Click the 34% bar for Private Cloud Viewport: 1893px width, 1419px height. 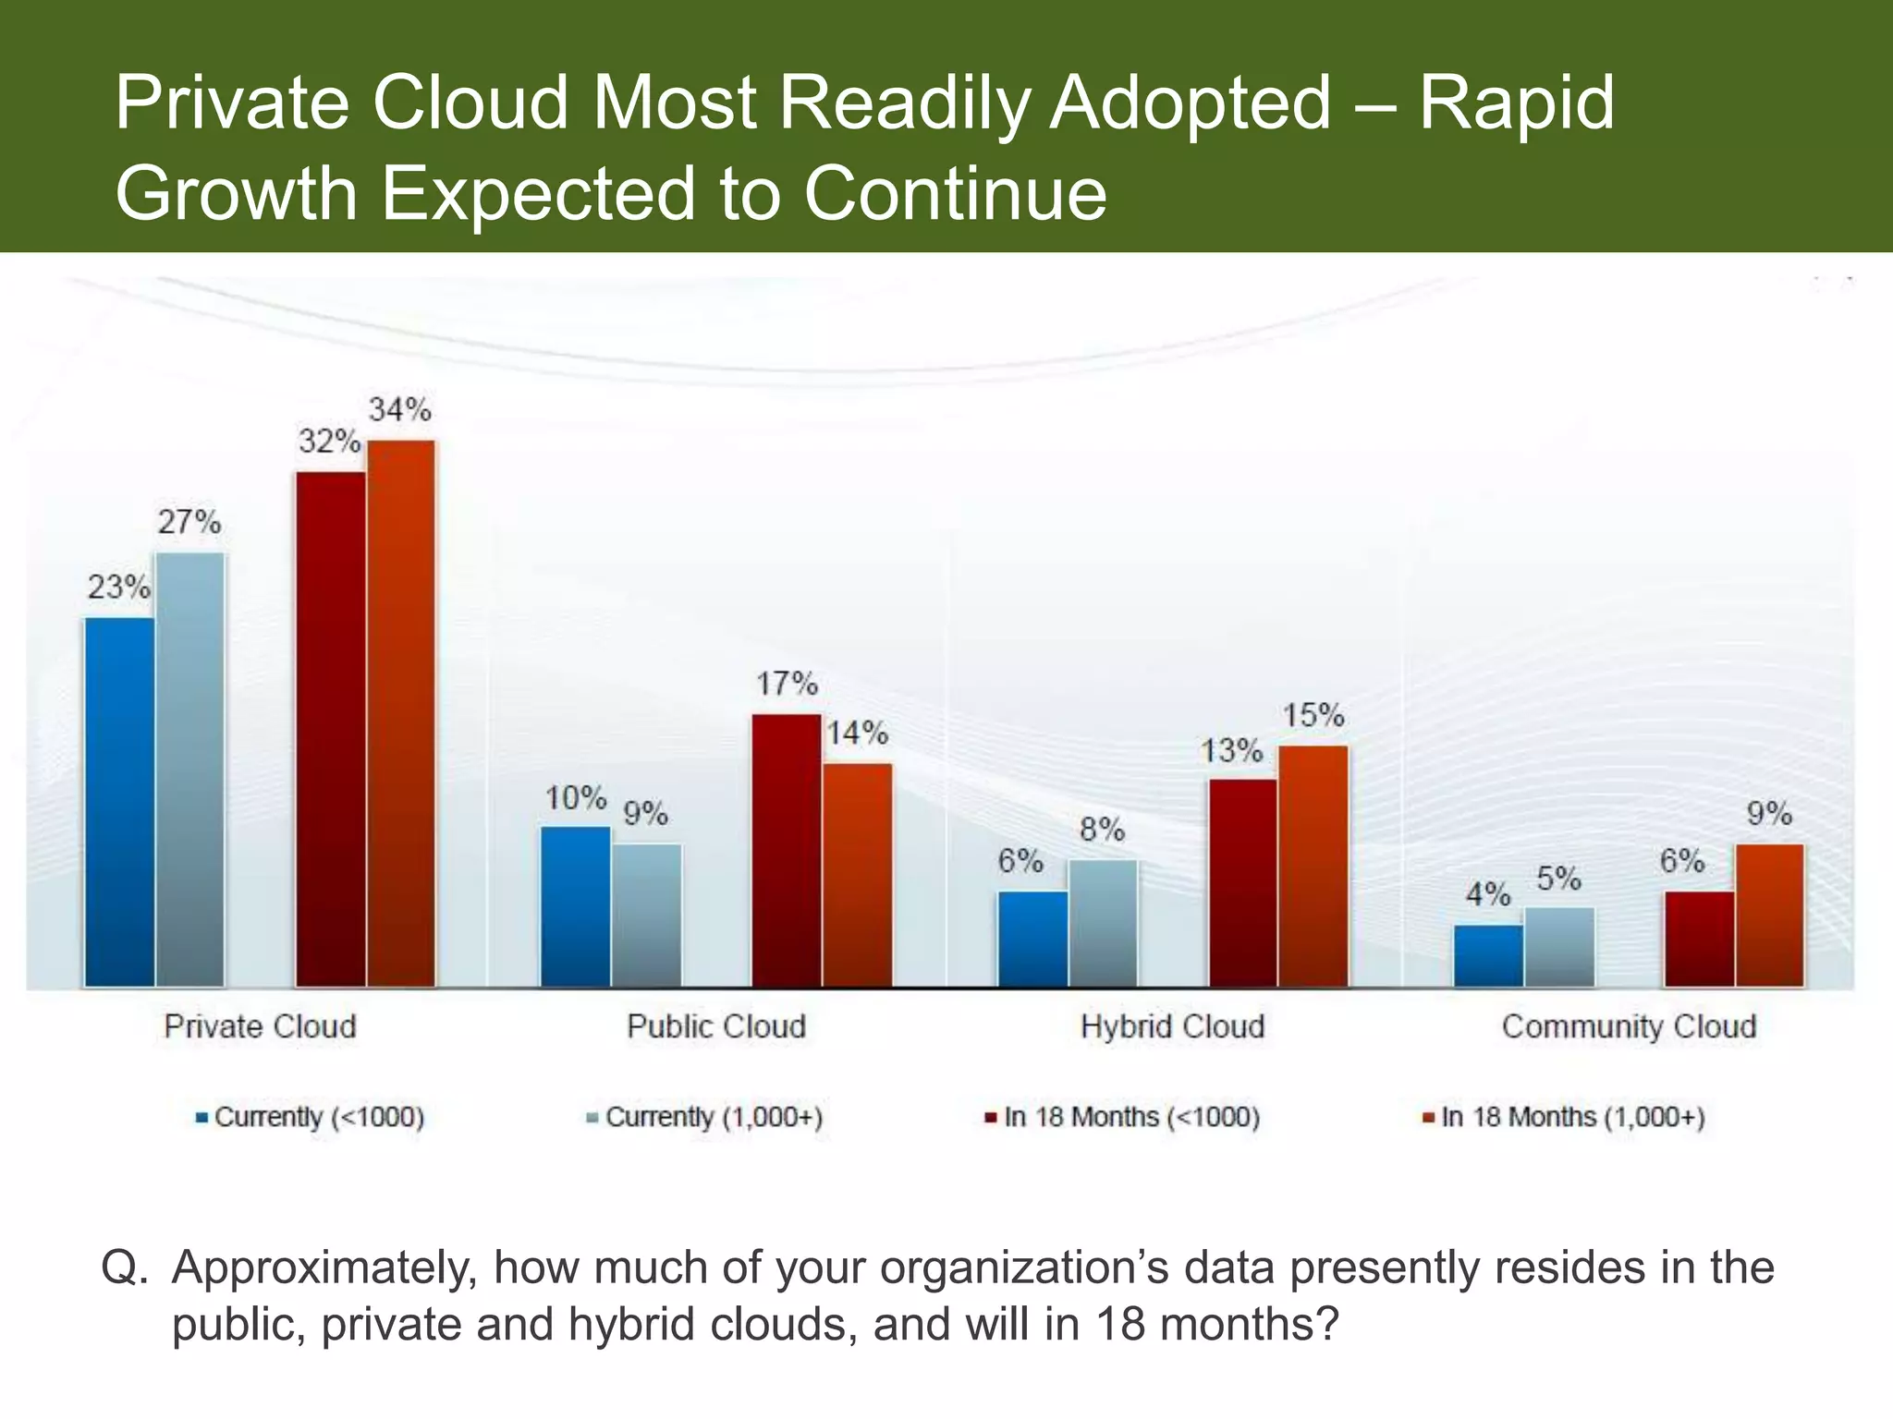click(x=401, y=713)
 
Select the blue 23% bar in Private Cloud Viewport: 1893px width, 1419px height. click(x=119, y=802)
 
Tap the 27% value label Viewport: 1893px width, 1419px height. click(x=189, y=523)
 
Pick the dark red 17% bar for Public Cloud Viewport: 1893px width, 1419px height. click(x=787, y=850)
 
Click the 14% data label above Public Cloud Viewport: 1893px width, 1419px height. click(x=857, y=734)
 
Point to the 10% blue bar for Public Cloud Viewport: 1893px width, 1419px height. click(x=576, y=906)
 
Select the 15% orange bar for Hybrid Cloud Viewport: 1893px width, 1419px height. click(x=1313, y=866)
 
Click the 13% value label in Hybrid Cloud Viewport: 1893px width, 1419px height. click(x=1231, y=751)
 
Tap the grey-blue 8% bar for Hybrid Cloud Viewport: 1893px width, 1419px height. click(x=1103, y=923)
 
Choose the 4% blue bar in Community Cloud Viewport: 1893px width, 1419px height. click(x=1488, y=955)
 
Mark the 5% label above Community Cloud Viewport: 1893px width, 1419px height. click(x=1558, y=879)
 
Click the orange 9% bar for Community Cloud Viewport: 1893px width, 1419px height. click(x=1769, y=915)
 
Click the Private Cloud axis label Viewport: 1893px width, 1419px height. click(x=260, y=1026)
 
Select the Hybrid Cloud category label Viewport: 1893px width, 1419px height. click(x=1172, y=1026)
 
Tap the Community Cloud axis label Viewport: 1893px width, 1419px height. click(x=1629, y=1026)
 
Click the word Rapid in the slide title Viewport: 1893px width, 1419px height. click(x=1516, y=103)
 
